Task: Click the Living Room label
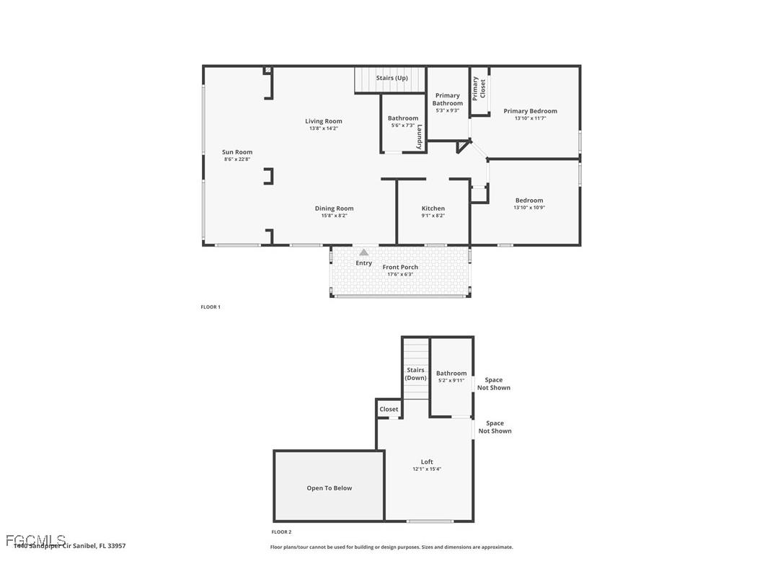(x=324, y=121)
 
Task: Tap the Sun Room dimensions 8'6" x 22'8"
(x=237, y=159)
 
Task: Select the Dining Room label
(x=335, y=208)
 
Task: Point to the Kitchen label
(x=433, y=208)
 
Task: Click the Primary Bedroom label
(x=530, y=111)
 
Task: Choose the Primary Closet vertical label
(x=479, y=89)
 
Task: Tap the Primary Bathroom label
(x=448, y=100)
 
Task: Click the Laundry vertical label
(x=419, y=137)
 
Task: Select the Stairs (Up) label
(x=392, y=78)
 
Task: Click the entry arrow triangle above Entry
(x=364, y=252)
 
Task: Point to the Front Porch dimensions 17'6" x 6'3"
(x=400, y=274)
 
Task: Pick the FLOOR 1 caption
(x=211, y=307)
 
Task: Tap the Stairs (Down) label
(x=415, y=374)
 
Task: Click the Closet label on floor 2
(x=389, y=409)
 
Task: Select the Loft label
(x=427, y=462)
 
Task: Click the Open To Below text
(x=329, y=488)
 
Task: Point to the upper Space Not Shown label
(x=494, y=384)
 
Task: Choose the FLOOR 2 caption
(x=281, y=532)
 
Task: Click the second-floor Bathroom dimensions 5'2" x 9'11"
(x=451, y=381)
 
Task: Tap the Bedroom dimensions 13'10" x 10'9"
(x=529, y=208)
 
